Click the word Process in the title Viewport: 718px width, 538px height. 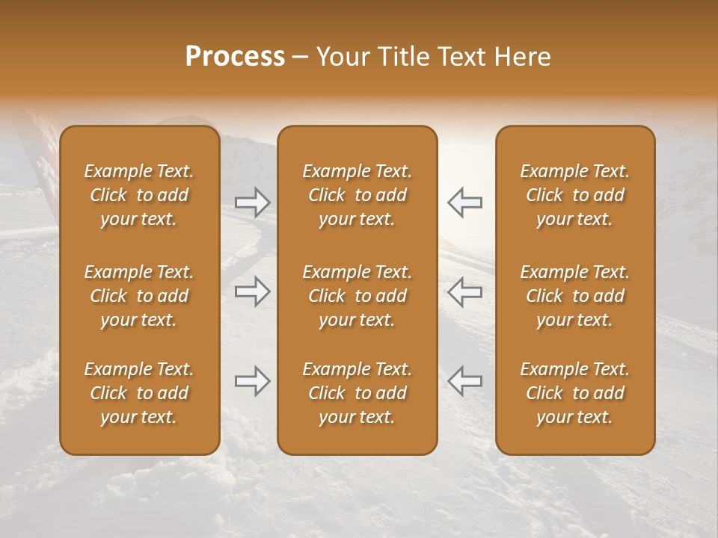tap(235, 57)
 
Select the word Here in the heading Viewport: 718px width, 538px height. tap(521, 57)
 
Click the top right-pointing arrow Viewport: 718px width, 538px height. tap(252, 202)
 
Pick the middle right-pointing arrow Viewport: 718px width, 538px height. tap(252, 291)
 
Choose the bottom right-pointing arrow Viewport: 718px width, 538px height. tap(252, 381)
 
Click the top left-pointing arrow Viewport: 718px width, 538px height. tap(465, 202)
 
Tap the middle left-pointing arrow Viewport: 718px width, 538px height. tap(465, 291)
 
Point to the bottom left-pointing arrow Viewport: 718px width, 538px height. tap(465, 381)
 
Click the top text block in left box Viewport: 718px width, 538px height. tap(139, 195)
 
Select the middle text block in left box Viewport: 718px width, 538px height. tap(139, 296)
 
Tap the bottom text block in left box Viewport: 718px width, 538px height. tap(139, 393)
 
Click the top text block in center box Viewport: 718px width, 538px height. tap(357, 195)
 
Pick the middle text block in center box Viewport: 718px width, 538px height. tap(357, 296)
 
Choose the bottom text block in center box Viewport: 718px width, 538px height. tap(357, 393)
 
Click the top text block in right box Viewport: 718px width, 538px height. tap(575, 195)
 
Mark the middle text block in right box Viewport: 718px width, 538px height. tap(575, 296)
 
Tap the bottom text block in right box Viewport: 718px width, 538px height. tap(575, 393)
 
